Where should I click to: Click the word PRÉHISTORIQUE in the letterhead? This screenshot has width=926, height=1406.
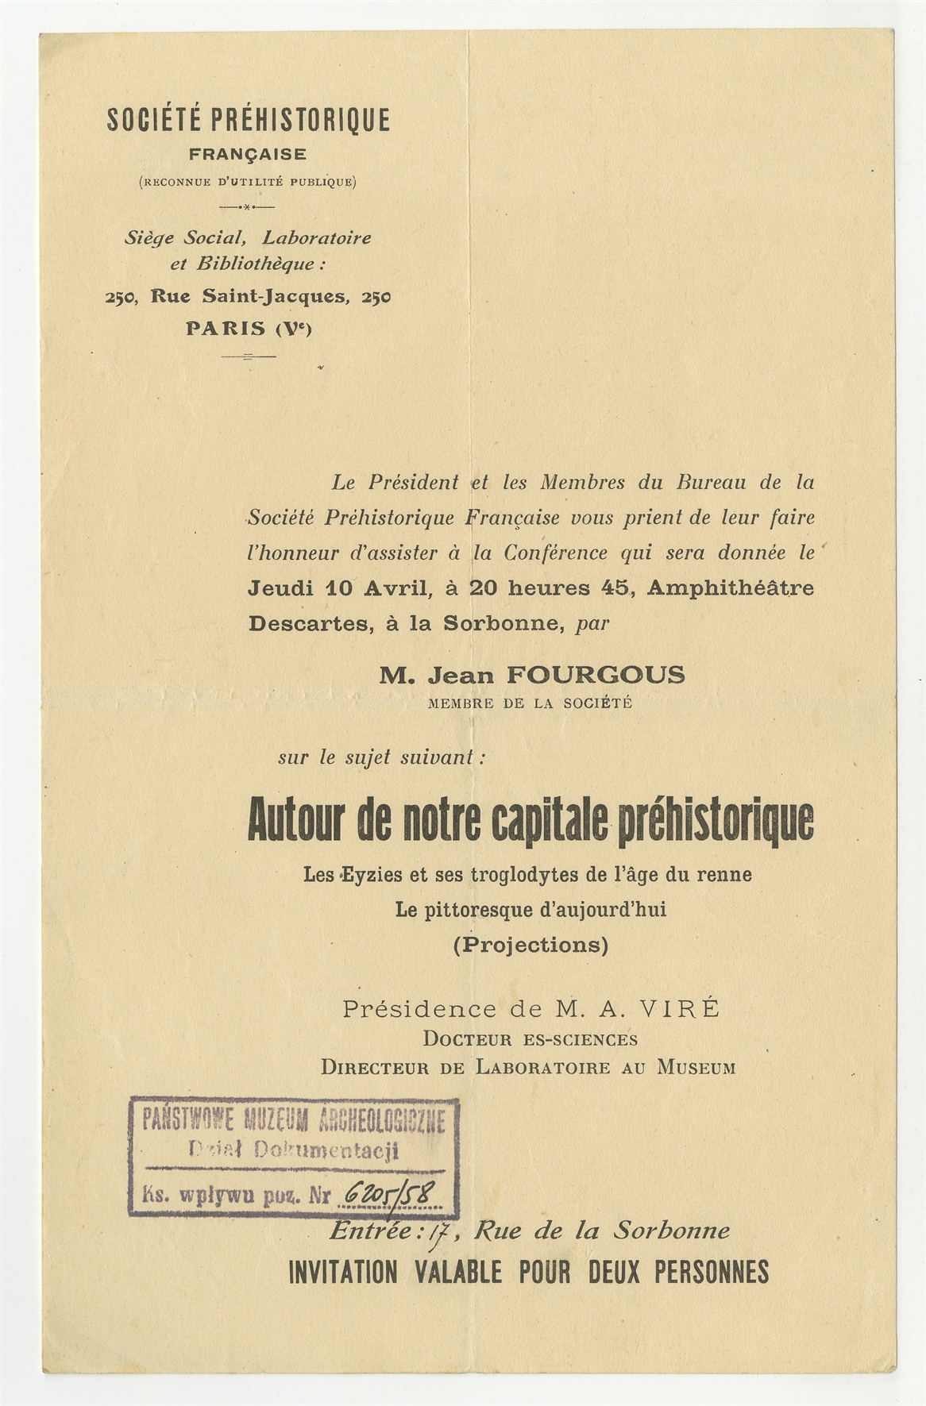point(300,120)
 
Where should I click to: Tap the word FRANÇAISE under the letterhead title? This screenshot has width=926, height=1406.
point(248,154)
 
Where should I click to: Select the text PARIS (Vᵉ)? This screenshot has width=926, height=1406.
point(249,329)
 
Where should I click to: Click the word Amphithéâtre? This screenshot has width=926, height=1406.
point(731,588)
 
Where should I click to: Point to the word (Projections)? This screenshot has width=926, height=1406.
point(531,945)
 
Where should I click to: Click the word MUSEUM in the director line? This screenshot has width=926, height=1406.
point(696,1067)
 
